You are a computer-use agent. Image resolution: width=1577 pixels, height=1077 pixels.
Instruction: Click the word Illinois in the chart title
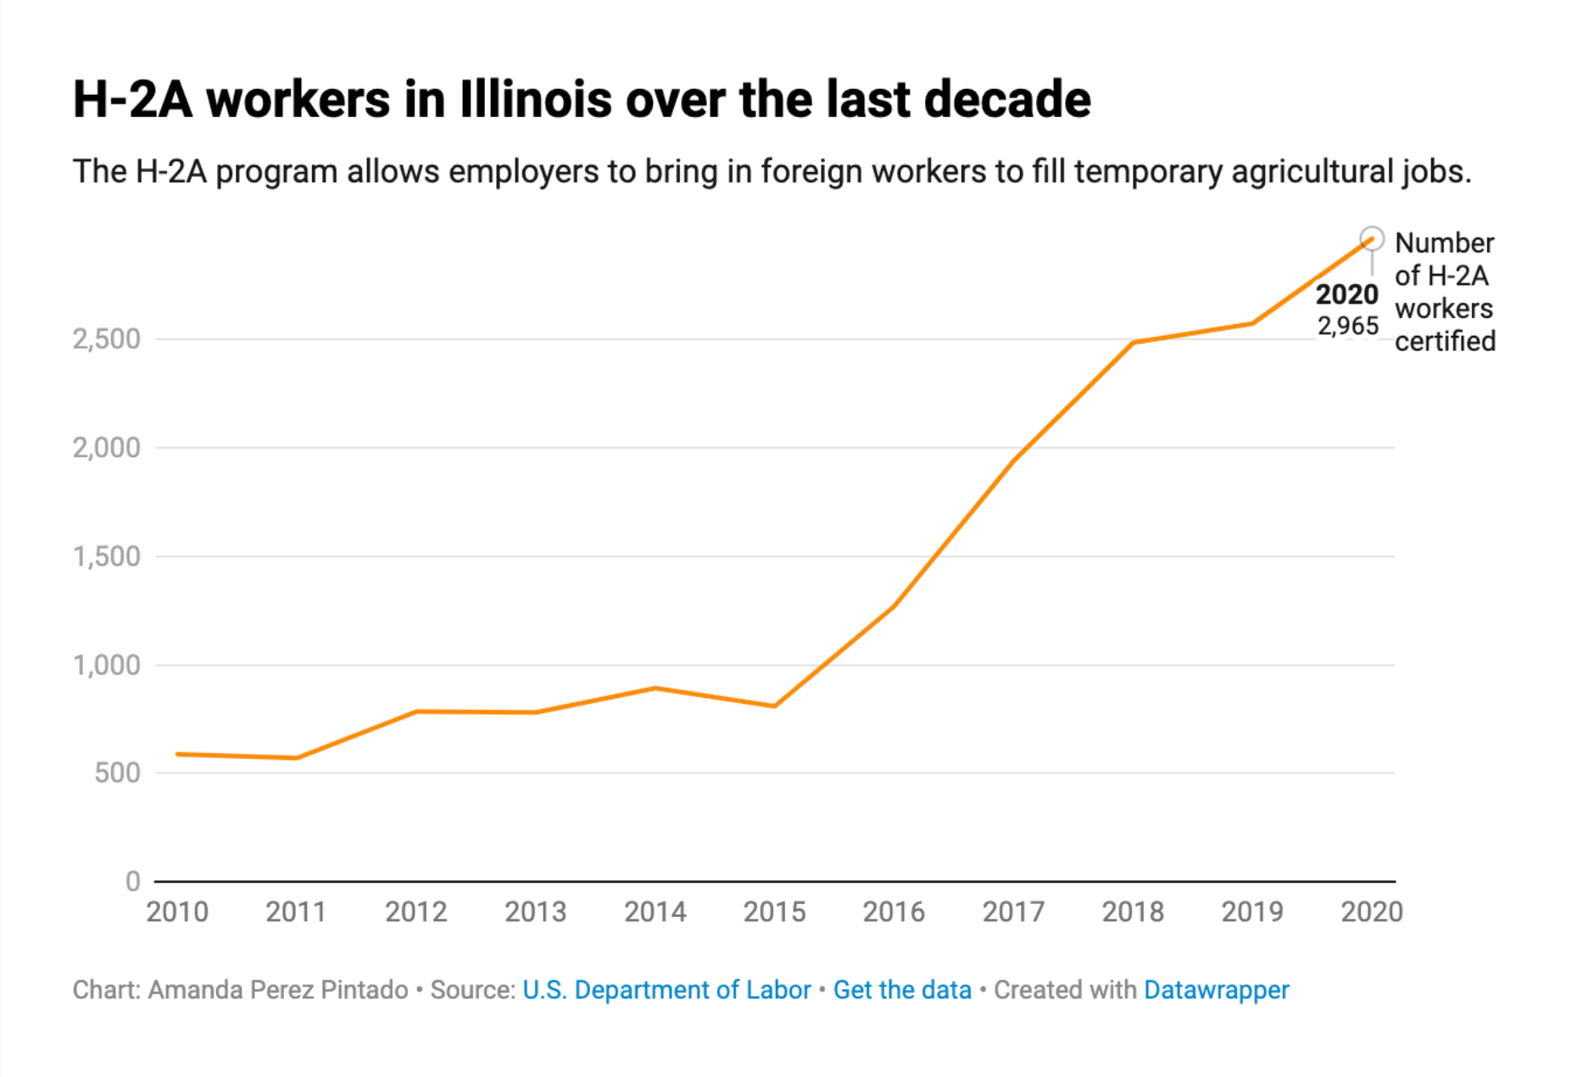536,99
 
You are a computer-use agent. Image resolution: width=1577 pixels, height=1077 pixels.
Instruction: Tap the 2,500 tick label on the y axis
107,339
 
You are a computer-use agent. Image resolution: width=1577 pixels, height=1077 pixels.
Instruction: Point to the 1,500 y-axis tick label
107,557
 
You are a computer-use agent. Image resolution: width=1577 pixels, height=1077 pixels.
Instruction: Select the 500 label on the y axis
118,773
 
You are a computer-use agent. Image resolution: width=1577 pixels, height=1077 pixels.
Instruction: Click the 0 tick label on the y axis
133,882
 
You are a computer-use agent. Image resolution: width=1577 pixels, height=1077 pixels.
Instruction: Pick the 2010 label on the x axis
177,912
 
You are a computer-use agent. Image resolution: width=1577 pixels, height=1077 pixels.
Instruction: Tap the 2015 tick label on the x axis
774,912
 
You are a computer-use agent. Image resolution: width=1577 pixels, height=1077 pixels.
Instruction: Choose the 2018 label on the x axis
1133,912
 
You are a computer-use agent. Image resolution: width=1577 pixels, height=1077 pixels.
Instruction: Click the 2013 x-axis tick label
535,912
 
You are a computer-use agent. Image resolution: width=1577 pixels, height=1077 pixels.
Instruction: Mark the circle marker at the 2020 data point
1372,239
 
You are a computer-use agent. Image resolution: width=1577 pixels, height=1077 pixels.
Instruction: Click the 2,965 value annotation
1348,326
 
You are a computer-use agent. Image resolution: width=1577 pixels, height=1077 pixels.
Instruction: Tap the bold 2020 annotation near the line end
1346,294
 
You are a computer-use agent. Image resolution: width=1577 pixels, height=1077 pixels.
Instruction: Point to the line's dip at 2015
775,706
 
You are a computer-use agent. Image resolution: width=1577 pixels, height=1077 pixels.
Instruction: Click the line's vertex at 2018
1134,343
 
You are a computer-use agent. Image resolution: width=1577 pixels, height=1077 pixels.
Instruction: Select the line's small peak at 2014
655,688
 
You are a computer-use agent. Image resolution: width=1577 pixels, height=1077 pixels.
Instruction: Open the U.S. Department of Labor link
666,990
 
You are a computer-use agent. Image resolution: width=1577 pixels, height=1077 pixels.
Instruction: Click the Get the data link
902,990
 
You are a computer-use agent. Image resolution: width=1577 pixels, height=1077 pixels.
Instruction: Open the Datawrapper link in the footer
1216,990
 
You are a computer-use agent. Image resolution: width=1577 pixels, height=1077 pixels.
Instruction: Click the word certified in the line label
1445,341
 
